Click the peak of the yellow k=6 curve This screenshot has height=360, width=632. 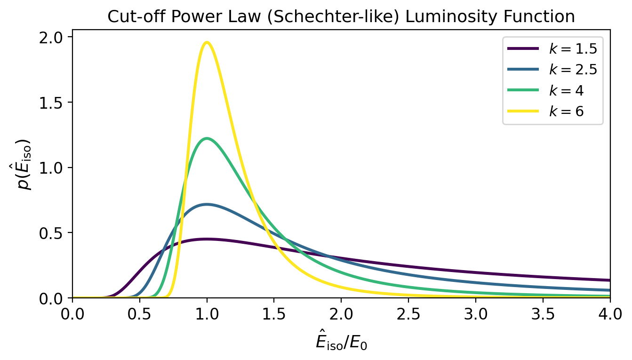click(207, 42)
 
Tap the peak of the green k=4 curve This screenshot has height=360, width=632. click(207, 138)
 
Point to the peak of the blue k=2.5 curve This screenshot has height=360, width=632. click(207, 204)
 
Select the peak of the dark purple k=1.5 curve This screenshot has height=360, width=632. click(207, 239)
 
